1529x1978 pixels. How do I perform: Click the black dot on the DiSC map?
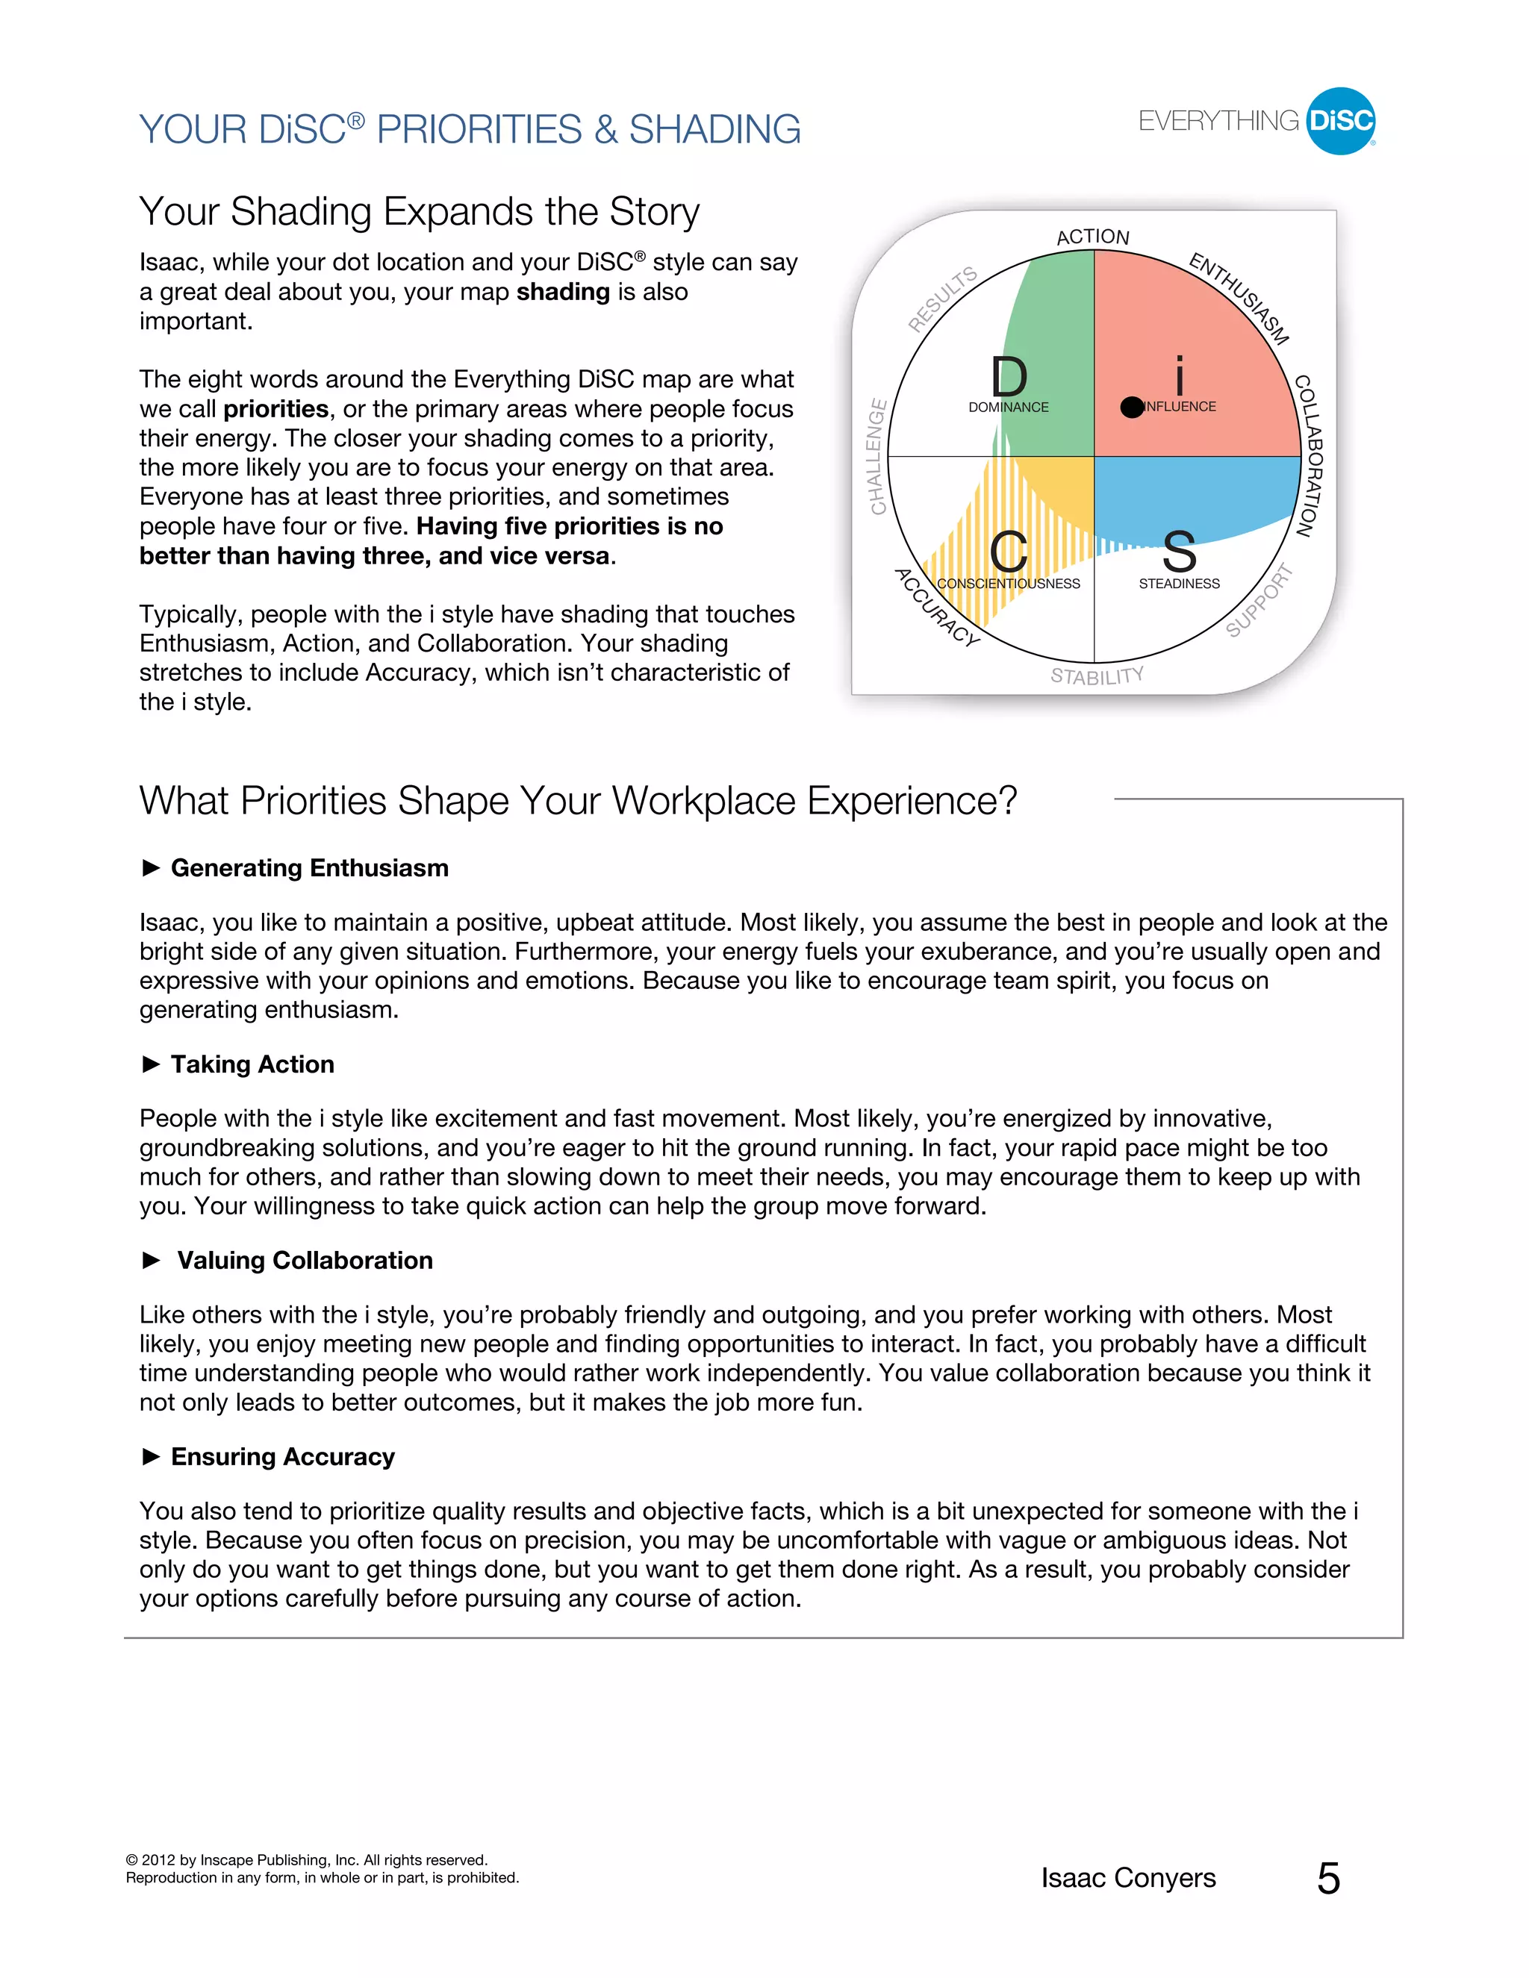(1131, 408)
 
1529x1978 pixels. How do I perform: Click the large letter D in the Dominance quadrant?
(1008, 376)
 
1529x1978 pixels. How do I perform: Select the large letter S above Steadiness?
(1180, 552)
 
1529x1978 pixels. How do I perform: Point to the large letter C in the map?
(1008, 552)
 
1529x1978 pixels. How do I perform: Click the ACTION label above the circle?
(1092, 237)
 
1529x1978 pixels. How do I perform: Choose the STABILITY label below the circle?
(1097, 676)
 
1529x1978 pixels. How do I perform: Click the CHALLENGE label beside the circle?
(876, 457)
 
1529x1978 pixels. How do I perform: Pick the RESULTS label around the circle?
(943, 299)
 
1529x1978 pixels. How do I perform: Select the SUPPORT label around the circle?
(1259, 600)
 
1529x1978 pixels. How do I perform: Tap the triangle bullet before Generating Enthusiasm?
(152, 867)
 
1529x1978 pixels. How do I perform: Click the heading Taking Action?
(252, 1064)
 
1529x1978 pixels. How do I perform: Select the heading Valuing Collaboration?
(305, 1261)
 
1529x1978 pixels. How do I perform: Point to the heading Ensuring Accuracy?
(283, 1457)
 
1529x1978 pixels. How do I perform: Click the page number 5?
(1328, 1879)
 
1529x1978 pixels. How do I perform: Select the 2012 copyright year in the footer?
(158, 1860)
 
